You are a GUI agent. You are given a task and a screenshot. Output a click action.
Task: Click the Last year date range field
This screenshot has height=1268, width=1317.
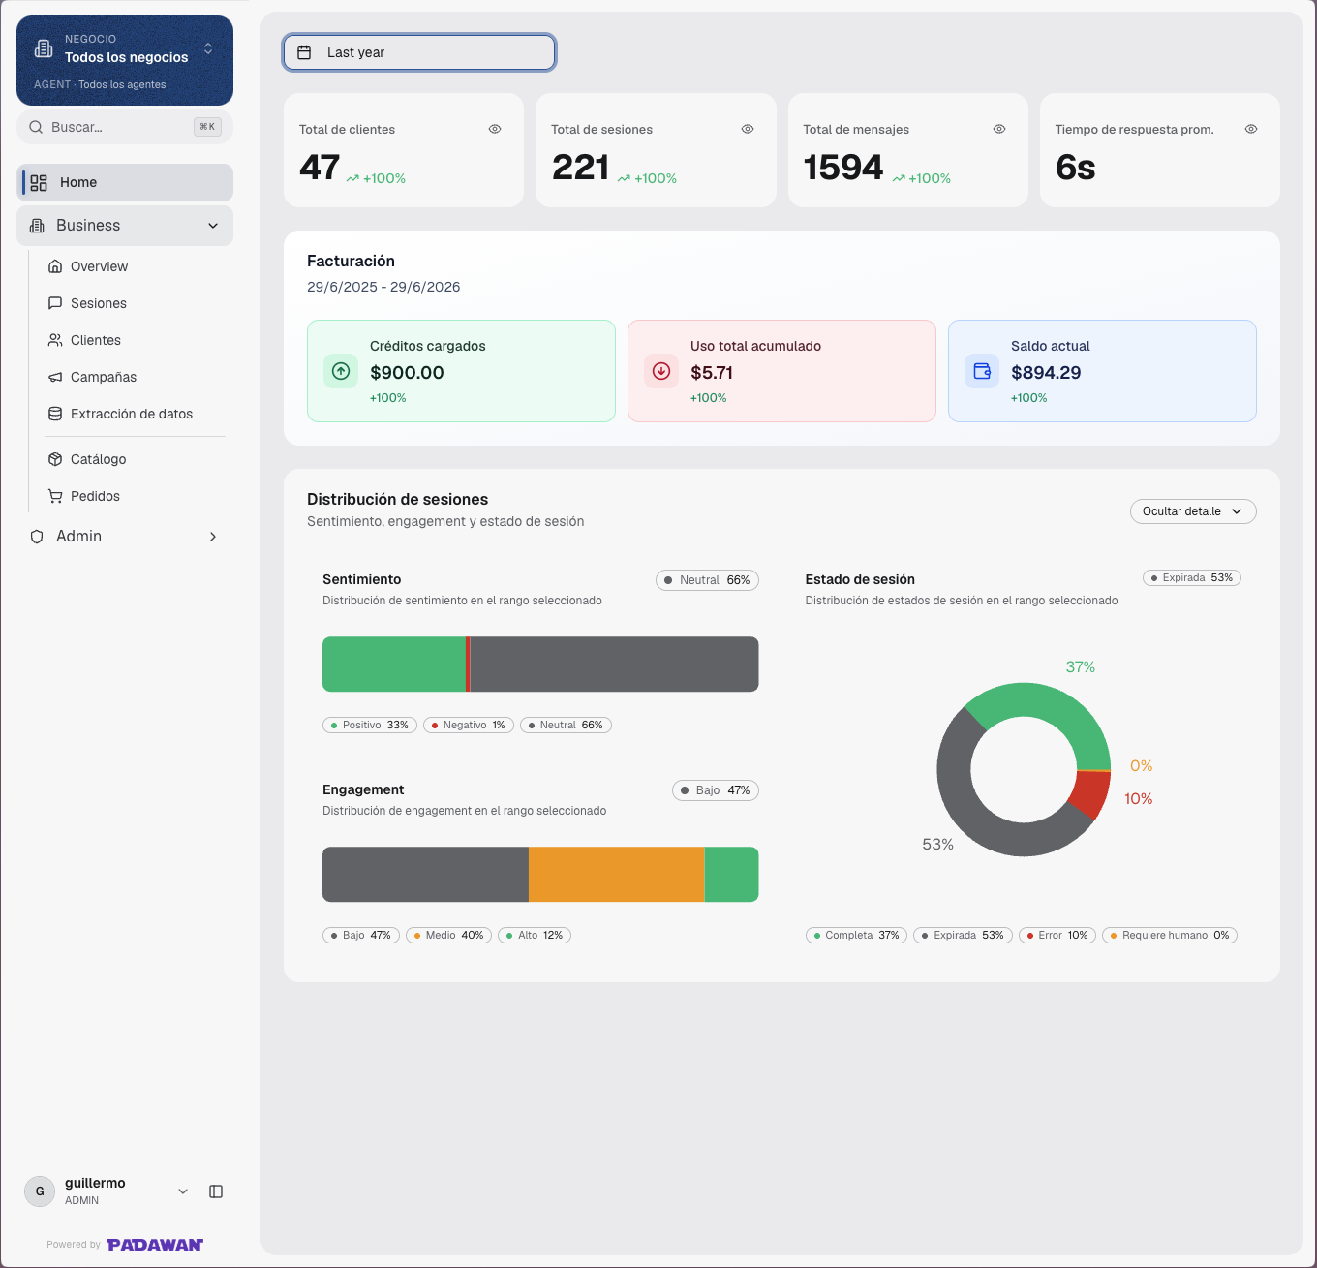(419, 52)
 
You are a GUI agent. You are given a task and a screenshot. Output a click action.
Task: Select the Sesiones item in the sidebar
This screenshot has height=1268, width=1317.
(98, 303)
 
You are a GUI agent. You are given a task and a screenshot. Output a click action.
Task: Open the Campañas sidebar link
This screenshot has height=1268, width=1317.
(103, 377)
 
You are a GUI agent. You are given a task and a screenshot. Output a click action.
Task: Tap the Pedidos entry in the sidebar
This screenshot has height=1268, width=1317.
(95, 496)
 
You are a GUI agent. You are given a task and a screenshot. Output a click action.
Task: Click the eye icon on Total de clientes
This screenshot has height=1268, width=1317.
(495, 129)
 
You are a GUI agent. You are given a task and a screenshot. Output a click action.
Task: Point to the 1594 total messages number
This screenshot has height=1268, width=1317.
(842, 168)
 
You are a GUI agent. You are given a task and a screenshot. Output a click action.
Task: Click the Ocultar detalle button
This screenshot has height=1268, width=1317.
(1192, 511)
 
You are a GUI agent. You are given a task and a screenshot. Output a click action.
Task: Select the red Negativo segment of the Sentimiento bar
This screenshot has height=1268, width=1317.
(468, 665)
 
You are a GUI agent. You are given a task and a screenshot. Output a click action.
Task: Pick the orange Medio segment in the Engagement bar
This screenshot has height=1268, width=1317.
(616, 874)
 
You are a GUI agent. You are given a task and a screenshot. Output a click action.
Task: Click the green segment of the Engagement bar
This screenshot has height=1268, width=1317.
(731, 874)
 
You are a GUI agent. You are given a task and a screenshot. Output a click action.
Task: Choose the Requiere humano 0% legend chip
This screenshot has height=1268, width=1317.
(1170, 935)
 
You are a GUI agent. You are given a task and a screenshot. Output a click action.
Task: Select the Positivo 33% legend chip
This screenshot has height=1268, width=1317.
(370, 725)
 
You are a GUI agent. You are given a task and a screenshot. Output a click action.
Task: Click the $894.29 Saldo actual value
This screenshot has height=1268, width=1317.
(1046, 372)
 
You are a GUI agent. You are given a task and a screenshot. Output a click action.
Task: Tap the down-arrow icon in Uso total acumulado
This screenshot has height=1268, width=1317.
(661, 371)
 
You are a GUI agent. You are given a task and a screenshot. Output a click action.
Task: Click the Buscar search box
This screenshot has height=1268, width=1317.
(125, 127)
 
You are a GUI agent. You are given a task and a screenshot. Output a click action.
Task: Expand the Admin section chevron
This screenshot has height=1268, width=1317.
(212, 537)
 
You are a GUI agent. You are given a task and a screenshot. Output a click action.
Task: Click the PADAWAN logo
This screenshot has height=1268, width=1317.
(155, 1245)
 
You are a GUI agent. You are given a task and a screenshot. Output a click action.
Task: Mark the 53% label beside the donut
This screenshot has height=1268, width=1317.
(937, 845)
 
